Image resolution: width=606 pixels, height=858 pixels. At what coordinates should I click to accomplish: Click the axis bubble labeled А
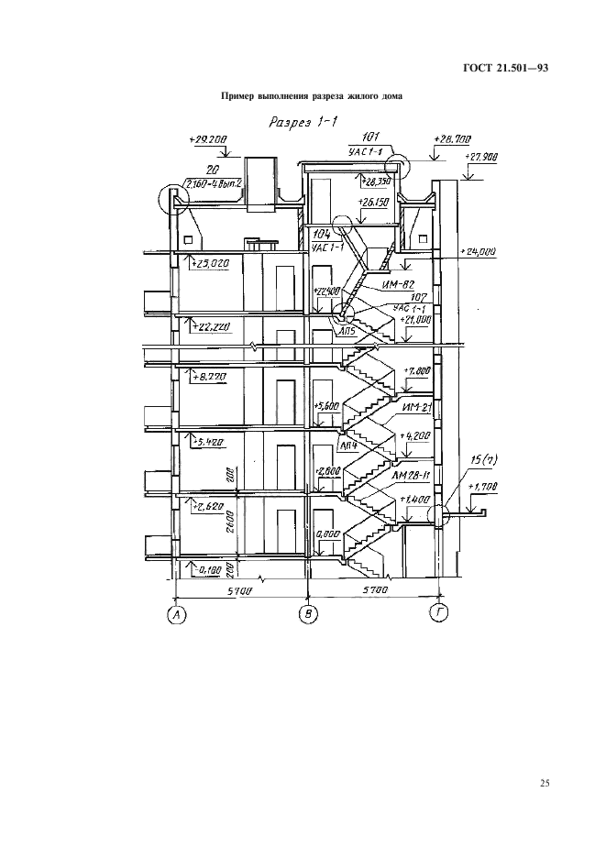pos(175,614)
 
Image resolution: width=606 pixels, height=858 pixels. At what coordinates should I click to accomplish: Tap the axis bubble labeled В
pos(309,614)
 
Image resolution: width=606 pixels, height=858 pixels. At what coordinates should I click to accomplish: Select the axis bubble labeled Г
pos(441,614)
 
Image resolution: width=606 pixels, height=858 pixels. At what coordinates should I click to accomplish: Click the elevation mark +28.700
pos(451,139)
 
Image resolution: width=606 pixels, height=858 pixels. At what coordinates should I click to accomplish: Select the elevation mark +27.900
pos(480,158)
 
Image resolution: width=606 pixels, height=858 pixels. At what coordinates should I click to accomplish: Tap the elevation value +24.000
pos(480,250)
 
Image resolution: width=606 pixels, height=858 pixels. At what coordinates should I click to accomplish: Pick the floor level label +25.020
pos(211,264)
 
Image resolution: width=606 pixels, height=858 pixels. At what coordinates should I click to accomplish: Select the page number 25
pos(544,783)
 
